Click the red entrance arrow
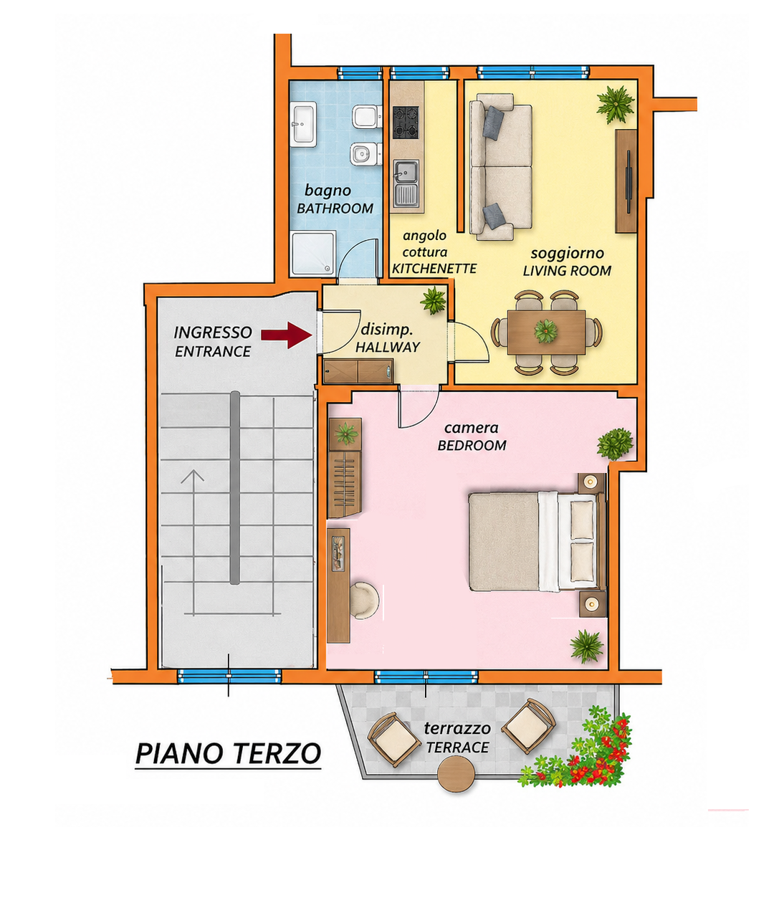pyautogui.click(x=287, y=335)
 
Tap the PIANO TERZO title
pyautogui.click(x=228, y=754)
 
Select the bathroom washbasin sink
pyautogui.click(x=304, y=125)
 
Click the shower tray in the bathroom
pyautogui.click(x=313, y=254)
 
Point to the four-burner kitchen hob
pyautogui.click(x=406, y=122)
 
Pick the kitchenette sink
pyautogui.click(x=406, y=183)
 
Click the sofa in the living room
pyautogui.click(x=501, y=166)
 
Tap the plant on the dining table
pyautogui.click(x=545, y=330)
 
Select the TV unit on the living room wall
pyautogui.click(x=626, y=181)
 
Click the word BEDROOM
pyautogui.click(x=472, y=446)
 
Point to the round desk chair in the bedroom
pyautogui.click(x=364, y=601)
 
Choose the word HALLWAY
pyautogui.click(x=388, y=348)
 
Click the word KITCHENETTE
pyautogui.click(x=434, y=269)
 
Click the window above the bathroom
pyautogui.click(x=359, y=72)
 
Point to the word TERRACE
pyautogui.click(x=457, y=747)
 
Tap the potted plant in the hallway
pyautogui.click(x=434, y=300)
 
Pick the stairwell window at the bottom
pyautogui.click(x=229, y=676)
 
